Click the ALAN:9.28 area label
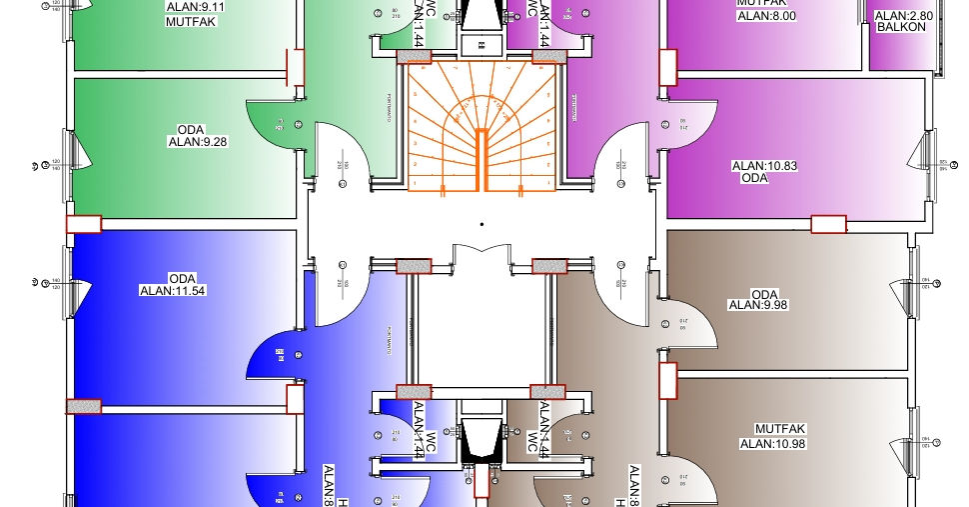click(x=197, y=142)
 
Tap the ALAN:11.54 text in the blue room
click(x=173, y=291)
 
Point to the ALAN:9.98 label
click(x=758, y=305)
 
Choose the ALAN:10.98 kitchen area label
click(x=772, y=443)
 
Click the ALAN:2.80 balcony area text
click(x=903, y=16)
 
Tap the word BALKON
click(x=903, y=27)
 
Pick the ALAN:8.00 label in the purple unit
click(x=766, y=16)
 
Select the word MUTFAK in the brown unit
click(x=772, y=429)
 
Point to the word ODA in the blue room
click(x=182, y=278)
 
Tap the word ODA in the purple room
click(x=754, y=178)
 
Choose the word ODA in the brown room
click(x=763, y=293)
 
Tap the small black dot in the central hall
click(x=482, y=225)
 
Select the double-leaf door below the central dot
click(x=483, y=256)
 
